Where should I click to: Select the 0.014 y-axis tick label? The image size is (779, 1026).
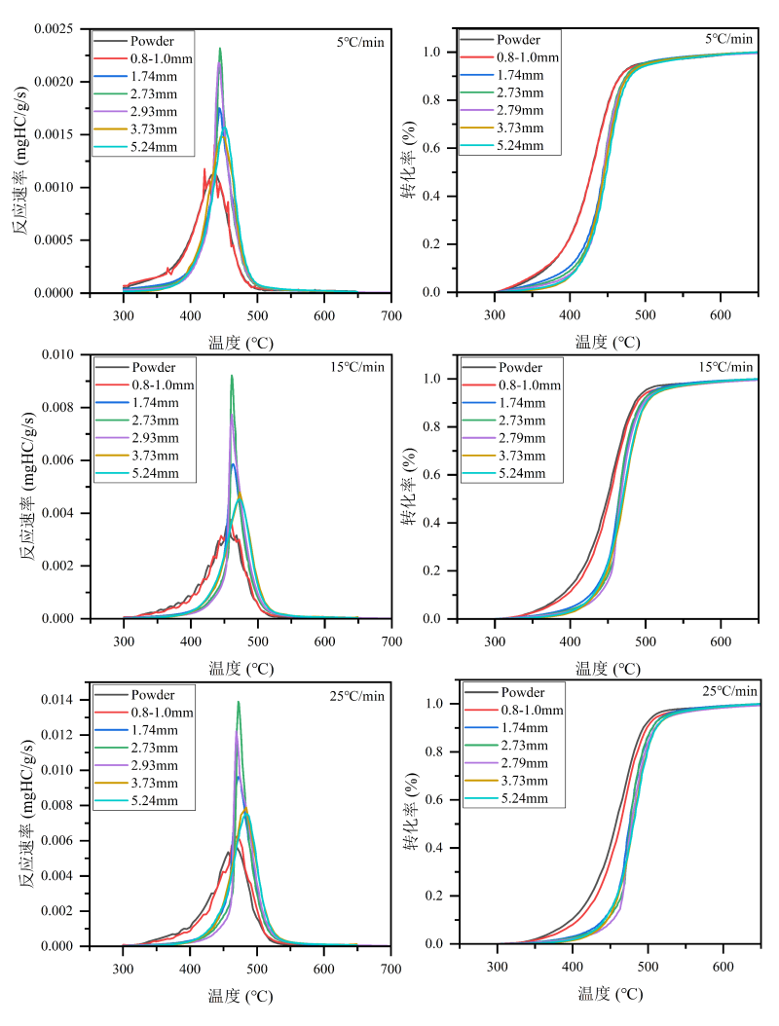(x=66, y=700)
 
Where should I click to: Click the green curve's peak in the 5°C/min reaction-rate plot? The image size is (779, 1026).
(x=220, y=49)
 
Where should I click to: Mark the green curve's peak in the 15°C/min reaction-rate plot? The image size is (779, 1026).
(x=231, y=376)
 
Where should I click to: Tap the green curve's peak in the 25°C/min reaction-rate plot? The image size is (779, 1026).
(x=238, y=702)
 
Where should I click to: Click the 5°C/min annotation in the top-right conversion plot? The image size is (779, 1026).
(x=729, y=39)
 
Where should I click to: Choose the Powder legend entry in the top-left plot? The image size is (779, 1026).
(x=152, y=41)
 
